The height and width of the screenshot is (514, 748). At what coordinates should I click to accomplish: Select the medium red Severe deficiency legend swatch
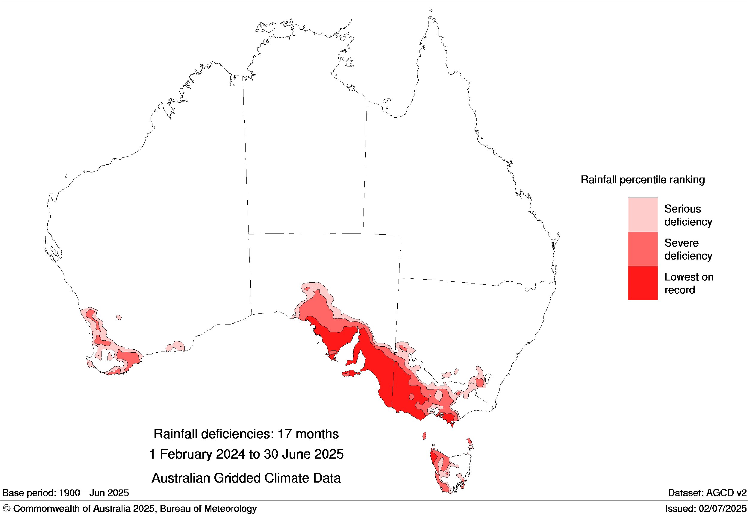pos(643,249)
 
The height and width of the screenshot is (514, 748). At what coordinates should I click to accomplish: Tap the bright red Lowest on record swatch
pos(643,283)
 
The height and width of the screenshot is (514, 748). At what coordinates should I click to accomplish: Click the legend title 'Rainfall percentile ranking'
pos(642,180)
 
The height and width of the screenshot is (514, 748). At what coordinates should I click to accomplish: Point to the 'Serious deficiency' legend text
pos(688,215)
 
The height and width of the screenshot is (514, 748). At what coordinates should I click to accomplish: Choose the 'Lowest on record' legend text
pos(689,283)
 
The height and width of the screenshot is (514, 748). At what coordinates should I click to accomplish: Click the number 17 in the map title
pos(284,434)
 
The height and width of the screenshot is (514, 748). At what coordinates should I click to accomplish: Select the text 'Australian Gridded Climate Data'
pos(246,478)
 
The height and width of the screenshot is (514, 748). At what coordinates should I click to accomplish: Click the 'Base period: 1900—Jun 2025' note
pos(66,493)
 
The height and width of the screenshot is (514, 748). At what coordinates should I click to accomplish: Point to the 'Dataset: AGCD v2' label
pos(707,493)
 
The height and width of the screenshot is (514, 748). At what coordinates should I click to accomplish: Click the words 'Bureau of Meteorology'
pos(208,509)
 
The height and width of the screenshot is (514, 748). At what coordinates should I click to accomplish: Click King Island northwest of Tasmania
pos(424,436)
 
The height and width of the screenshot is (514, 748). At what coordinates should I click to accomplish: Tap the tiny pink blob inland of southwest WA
pos(119,318)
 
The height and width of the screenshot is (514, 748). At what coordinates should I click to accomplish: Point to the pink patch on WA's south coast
pos(175,347)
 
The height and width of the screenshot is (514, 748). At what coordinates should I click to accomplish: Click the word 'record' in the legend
pos(679,290)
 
